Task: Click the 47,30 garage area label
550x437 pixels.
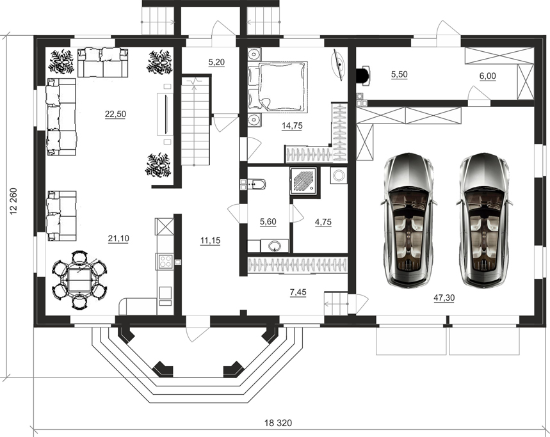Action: pyautogui.click(x=444, y=298)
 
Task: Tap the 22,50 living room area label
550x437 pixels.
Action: pyautogui.click(x=115, y=114)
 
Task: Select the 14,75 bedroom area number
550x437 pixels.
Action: pyautogui.click(x=292, y=125)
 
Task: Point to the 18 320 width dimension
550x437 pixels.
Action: pyautogui.click(x=278, y=423)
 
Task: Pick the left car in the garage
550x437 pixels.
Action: pyautogui.click(x=409, y=219)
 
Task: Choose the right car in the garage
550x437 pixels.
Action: pyautogui.click(x=485, y=219)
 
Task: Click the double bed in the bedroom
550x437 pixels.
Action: pyautogui.click(x=278, y=86)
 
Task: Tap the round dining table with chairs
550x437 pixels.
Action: pyautogui.click(x=80, y=280)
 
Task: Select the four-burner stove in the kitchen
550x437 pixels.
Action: pyautogui.click(x=165, y=261)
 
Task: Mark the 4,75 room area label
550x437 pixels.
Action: pyautogui.click(x=323, y=222)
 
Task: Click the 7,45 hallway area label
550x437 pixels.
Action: pyautogui.click(x=298, y=292)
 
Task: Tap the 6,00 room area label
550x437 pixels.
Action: pyautogui.click(x=487, y=75)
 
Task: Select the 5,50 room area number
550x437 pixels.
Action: pyautogui.click(x=399, y=74)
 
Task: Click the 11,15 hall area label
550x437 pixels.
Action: pyautogui.click(x=210, y=241)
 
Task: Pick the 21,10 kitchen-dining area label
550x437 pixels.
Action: pyautogui.click(x=118, y=238)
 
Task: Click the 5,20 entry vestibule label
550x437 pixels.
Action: pyautogui.click(x=216, y=62)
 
